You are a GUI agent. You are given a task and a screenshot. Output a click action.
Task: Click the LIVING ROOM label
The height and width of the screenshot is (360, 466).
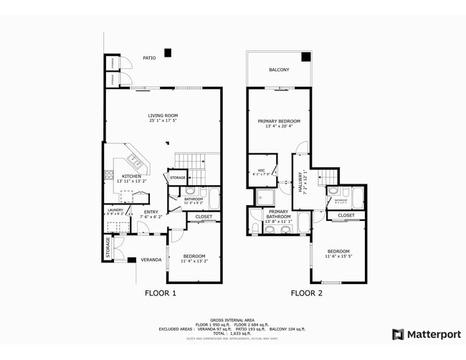click(x=163, y=115)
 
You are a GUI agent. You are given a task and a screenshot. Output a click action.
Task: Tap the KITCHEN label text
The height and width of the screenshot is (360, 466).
click(x=130, y=176)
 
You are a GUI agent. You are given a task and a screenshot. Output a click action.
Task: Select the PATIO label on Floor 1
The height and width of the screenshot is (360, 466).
click(x=148, y=58)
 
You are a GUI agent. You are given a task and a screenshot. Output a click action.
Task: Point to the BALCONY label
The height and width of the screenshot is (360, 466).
click(x=279, y=70)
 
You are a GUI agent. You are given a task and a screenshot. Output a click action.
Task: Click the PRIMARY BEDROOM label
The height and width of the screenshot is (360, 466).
click(x=279, y=122)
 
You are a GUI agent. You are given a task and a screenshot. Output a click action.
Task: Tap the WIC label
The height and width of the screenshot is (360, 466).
click(x=262, y=170)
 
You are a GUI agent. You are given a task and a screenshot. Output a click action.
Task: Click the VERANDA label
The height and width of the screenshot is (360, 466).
click(x=150, y=260)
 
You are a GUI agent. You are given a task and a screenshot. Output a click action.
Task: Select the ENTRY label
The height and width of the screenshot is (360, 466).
click(x=151, y=212)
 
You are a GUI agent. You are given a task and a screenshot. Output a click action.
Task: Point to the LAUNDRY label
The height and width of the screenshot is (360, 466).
click(x=115, y=209)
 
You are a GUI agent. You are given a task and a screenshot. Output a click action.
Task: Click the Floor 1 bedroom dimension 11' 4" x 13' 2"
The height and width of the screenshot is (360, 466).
click(x=194, y=262)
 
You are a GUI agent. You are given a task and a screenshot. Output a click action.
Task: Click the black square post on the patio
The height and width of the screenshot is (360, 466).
click(x=167, y=52)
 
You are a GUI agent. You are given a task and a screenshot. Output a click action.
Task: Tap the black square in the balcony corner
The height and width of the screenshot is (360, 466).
click(x=305, y=57)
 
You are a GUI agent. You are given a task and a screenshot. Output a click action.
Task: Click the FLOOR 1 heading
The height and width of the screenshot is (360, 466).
click(x=161, y=293)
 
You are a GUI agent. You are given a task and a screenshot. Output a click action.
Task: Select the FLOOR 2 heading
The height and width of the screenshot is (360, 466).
click(x=307, y=293)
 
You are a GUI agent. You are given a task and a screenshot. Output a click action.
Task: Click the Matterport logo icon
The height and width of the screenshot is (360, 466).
click(x=397, y=334)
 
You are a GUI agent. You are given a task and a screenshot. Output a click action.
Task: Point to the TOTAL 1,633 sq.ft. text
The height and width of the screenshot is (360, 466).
click(x=232, y=333)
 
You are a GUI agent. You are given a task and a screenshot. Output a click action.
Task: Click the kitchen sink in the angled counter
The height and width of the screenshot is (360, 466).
click(x=134, y=160)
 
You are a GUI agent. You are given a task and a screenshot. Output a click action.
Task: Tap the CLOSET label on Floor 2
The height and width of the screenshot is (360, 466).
click(x=346, y=215)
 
